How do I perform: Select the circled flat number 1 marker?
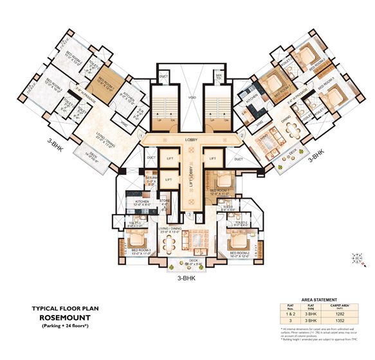pos(140,135)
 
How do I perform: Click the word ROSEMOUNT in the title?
pos(68,317)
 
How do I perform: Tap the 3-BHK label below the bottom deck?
pos(186,279)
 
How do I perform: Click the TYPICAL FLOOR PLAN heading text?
pos(68,307)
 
